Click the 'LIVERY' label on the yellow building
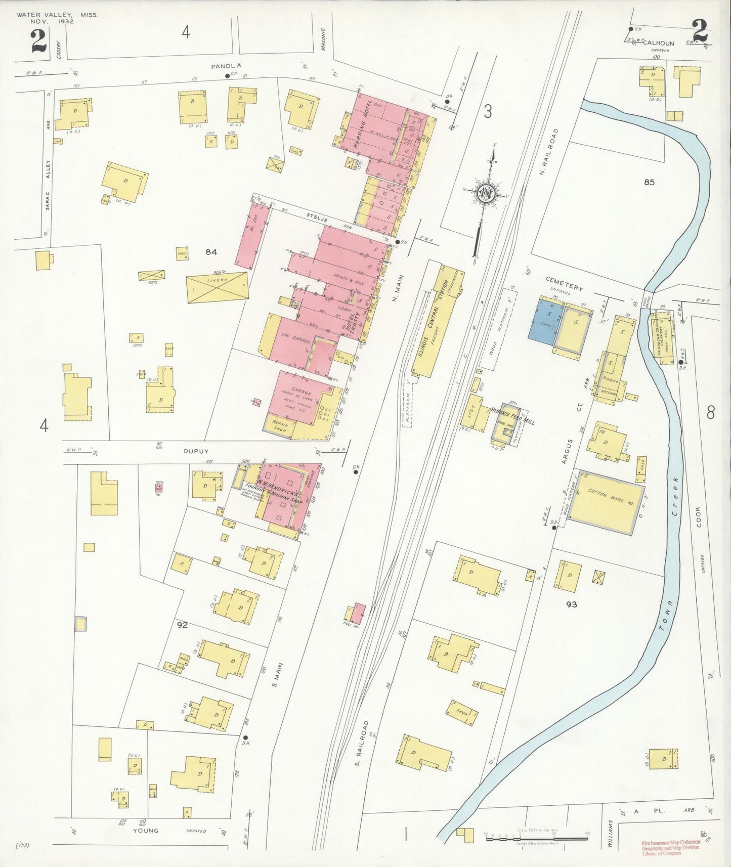pos(218,280)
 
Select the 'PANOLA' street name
pos(226,66)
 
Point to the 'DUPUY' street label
pos(196,451)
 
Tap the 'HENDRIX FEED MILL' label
pos(512,416)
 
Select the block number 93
pos(572,604)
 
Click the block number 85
pos(649,182)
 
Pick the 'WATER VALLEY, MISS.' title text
pos(57,15)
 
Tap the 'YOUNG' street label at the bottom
pos(146,831)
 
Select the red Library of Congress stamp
pos(671,847)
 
